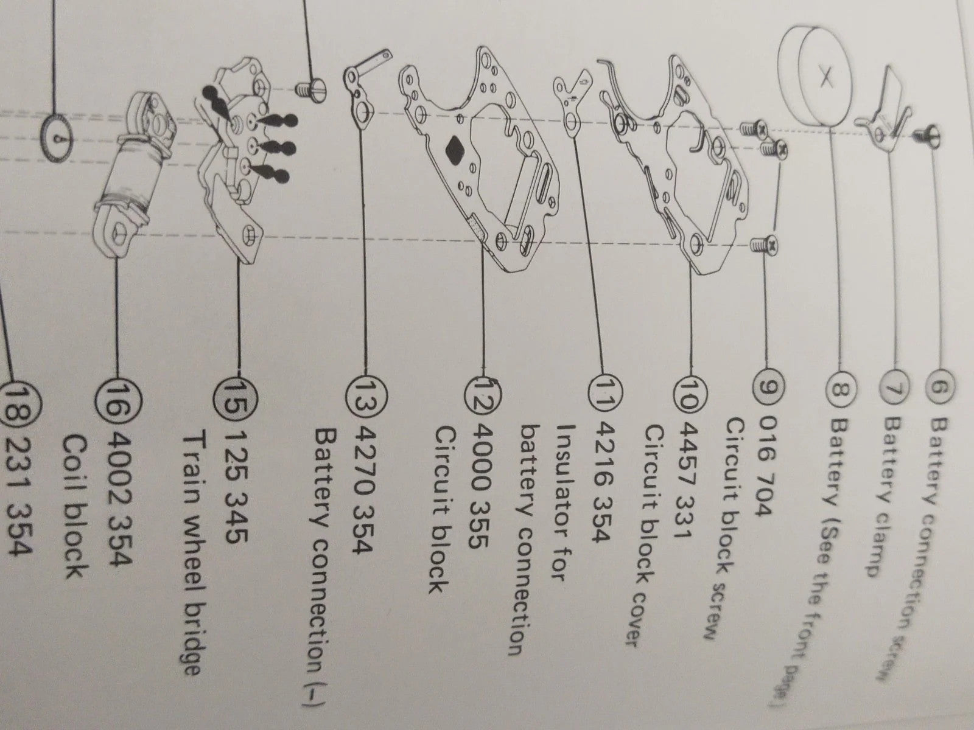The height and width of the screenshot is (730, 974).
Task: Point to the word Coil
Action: (76, 461)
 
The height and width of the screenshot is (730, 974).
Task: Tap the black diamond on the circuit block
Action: (455, 150)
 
